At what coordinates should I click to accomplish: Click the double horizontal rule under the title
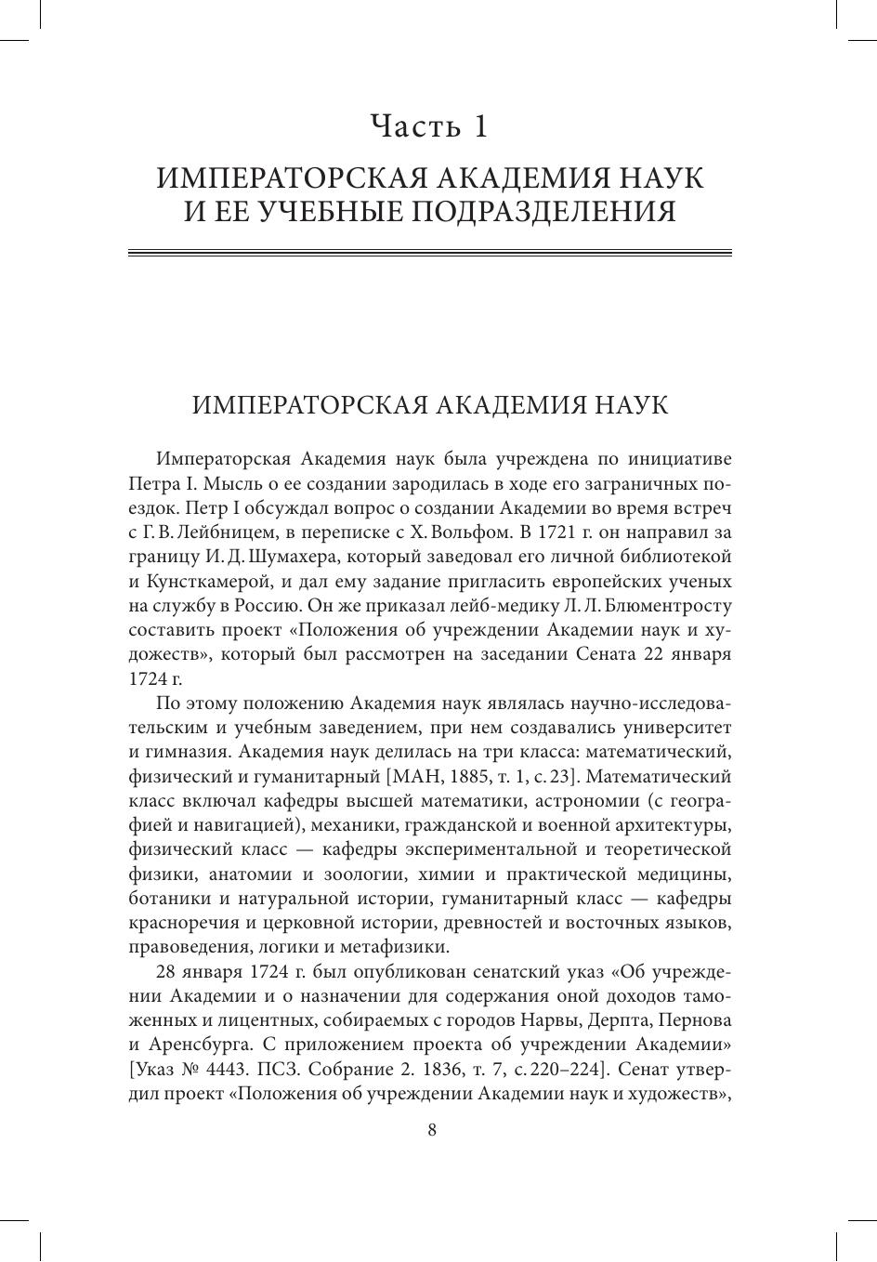pos(429,253)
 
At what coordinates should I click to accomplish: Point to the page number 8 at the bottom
pos(431,1130)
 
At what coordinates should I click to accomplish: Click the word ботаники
pos(170,899)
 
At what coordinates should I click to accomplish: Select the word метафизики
pos(397,947)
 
